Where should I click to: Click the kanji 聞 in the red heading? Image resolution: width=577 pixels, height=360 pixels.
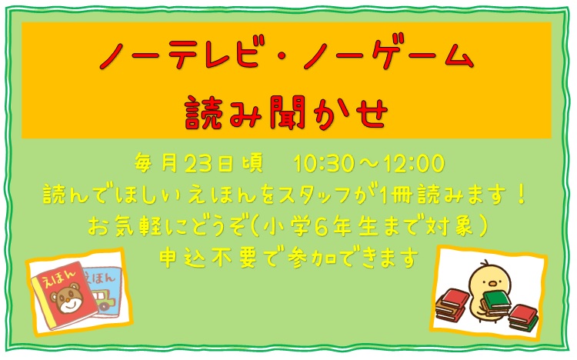point(288,112)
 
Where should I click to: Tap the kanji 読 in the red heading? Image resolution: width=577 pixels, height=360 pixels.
point(203,112)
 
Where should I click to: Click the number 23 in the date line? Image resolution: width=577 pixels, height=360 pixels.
point(198,163)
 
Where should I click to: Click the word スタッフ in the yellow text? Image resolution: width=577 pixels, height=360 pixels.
point(314,195)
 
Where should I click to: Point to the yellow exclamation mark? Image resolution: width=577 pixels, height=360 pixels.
point(520,194)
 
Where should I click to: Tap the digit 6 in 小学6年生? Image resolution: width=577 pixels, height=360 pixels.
point(320,225)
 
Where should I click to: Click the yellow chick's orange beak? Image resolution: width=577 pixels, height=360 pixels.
point(492,284)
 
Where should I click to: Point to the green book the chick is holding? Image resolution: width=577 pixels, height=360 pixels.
point(497,301)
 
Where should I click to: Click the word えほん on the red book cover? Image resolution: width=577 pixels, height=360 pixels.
point(59,275)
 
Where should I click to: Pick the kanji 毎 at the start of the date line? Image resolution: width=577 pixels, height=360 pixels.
point(143,163)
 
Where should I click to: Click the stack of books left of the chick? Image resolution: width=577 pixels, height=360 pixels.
point(451,305)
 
